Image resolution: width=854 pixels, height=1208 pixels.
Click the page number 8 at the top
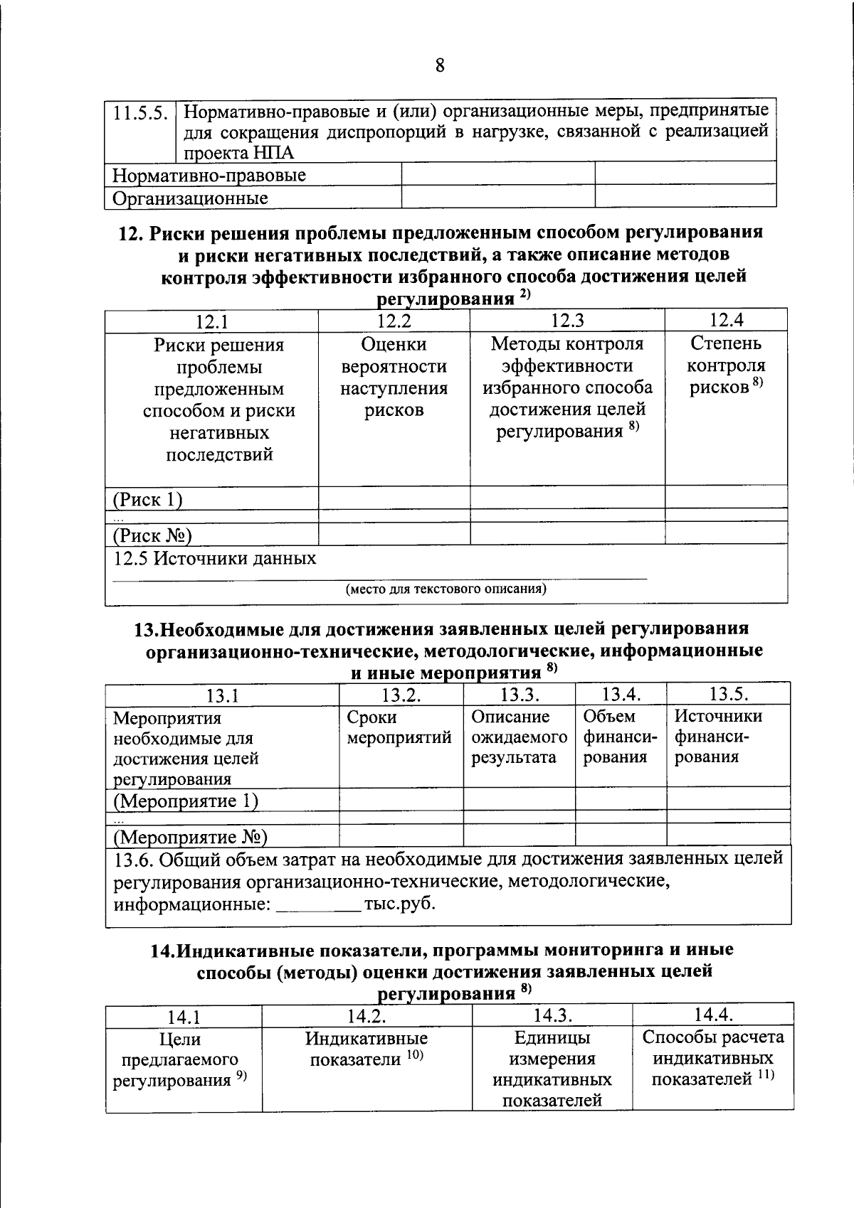440,65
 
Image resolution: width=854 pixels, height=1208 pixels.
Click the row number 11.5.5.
140,112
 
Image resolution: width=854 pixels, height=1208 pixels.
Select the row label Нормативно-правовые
209,175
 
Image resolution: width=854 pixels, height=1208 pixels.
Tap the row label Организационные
190,198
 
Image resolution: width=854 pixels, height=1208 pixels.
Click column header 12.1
211,322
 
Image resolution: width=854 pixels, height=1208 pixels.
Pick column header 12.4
726,320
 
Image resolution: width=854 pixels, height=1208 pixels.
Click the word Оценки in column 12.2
394,344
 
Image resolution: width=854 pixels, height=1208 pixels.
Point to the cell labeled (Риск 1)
147,499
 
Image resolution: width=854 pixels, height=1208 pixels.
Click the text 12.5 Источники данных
214,558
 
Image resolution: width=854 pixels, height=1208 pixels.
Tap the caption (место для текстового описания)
446,589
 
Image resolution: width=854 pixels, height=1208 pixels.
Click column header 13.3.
519,695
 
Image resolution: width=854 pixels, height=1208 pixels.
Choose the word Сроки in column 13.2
371,717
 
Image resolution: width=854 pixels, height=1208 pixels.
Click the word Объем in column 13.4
609,716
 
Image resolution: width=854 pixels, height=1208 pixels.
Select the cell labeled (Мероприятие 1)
186,801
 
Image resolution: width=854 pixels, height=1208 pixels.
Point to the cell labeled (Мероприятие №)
190,837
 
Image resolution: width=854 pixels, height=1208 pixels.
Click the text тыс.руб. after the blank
399,904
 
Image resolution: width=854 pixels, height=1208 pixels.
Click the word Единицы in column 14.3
552,1037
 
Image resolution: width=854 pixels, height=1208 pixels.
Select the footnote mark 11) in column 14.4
765,1076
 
